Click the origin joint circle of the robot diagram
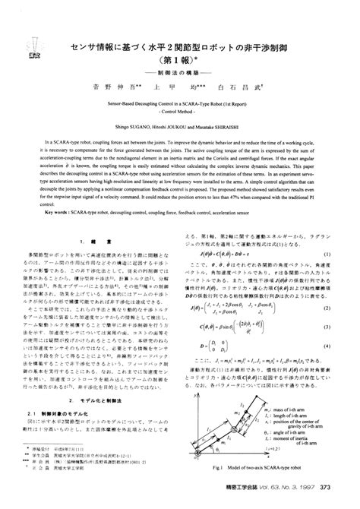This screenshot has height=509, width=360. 205,477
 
